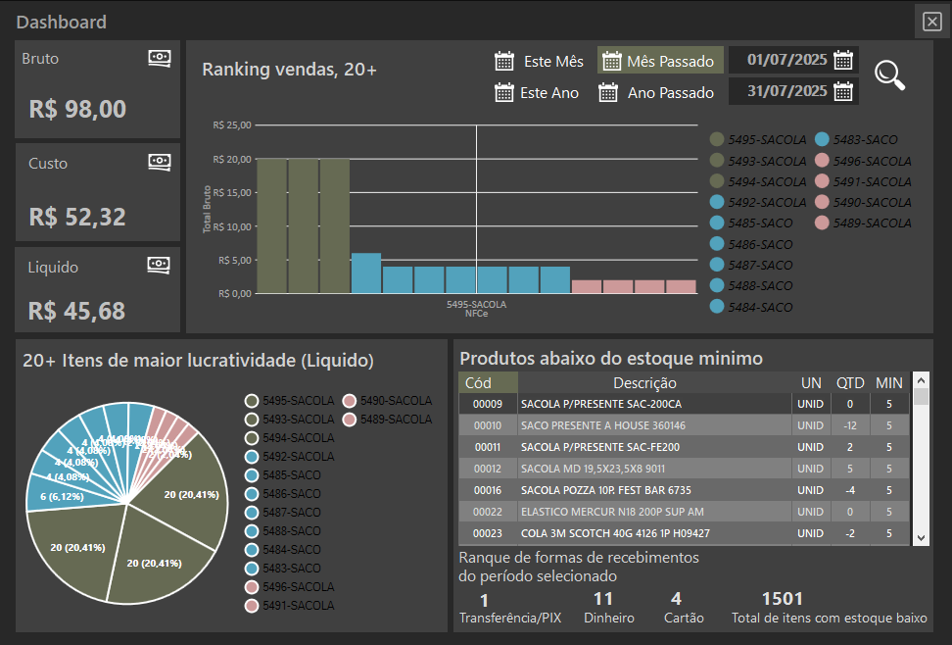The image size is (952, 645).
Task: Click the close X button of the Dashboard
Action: pyautogui.click(x=930, y=22)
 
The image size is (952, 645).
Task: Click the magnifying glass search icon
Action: pyautogui.click(x=889, y=75)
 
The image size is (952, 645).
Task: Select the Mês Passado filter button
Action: pyautogui.click(x=660, y=61)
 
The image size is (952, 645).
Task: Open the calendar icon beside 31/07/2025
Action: pyautogui.click(x=842, y=92)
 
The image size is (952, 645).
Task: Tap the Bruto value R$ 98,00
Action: pyautogui.click(x=78, y=109)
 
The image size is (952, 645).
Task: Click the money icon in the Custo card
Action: pyautogui.click(x=160, y=162)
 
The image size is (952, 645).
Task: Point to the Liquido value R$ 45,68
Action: pyautogui.click(x=77, y=311)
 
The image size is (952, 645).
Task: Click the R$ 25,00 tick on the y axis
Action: pyautogui.click(x=233, y=125)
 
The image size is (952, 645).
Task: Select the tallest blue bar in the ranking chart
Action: pyautogui.click(x=365, y=273)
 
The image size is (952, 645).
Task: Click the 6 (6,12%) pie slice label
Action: pyautogui.click(x=64, y=497)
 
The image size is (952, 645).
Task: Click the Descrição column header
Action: pyautogui.click(x=644, y=383)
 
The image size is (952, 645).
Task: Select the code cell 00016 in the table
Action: pyautogui.click(x=488, y=490)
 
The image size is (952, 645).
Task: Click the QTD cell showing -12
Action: pyautogui.click(x=848, y=425)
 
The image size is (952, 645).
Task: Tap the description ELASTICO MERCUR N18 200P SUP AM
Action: pyautogui.click(x=612, y=512)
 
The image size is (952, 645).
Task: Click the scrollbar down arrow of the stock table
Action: pyautogui.click(x=921, y=537)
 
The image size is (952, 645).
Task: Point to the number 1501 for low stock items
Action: pyautogui.click(x=782, y=599)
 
